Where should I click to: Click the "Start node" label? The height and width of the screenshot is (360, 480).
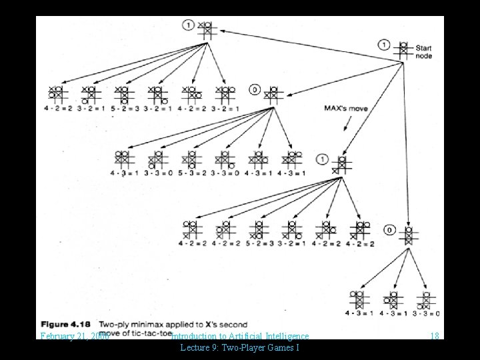424,52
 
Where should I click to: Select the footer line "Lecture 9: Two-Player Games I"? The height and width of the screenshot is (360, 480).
239,348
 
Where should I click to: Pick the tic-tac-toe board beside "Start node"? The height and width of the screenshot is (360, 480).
403,51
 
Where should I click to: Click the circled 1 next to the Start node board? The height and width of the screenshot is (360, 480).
384,45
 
